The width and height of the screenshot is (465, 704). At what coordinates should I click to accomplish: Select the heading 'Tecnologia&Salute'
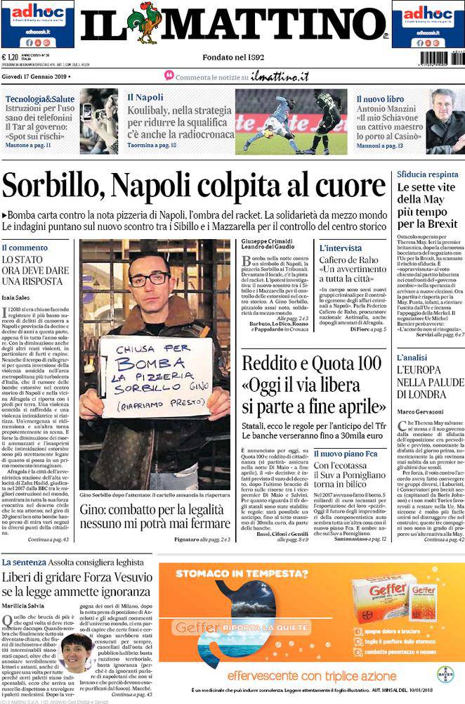(x=40, y=98)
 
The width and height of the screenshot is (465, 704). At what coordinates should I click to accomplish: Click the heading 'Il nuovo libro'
(x=379, y=99)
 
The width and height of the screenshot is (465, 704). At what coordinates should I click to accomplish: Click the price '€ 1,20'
(x=12, y=58)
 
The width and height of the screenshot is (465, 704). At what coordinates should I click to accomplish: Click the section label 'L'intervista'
(x=341, y=248)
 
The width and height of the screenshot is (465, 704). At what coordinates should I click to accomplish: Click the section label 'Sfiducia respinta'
(x=428, y=174)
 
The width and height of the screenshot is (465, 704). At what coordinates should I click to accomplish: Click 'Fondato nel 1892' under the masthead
(x=232, y=56)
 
